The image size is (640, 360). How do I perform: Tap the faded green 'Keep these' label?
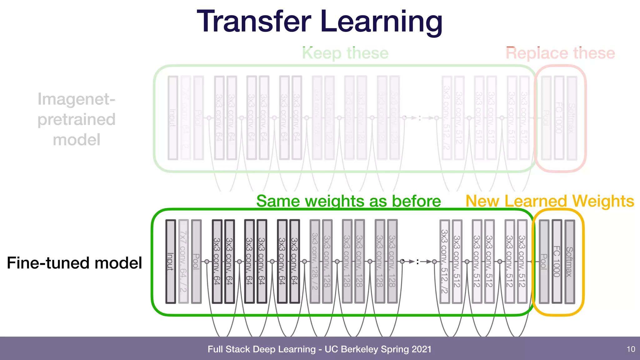click(x=345, y=53)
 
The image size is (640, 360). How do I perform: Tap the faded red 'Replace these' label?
click(x=560, y=53)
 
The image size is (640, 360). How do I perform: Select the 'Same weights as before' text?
click(x=348, y=201)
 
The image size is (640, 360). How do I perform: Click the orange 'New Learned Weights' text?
click(x=550, y=201)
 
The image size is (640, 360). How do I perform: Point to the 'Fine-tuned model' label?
click(x=74, y=262)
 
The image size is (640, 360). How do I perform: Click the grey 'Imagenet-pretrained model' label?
click(x=77, y=119)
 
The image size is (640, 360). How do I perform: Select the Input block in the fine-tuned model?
click(x=170, y=261)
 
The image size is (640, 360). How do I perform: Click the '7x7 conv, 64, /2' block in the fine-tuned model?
click(x=183, y=261)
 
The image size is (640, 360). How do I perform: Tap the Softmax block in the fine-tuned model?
click(x=570, y=262)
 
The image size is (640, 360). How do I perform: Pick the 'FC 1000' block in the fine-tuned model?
click(x=557, y=262)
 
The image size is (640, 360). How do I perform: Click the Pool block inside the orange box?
click(x=544, y=262)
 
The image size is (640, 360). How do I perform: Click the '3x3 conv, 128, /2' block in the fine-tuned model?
click(x=315, y=261)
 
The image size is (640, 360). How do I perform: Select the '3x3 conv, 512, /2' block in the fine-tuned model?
click(x=444, y=261)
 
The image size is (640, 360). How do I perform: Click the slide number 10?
click(x=631, y=349)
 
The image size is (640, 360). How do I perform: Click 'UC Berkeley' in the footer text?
click(x=351, y=349)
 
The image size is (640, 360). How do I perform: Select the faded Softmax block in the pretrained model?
click(x=572, y=118)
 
